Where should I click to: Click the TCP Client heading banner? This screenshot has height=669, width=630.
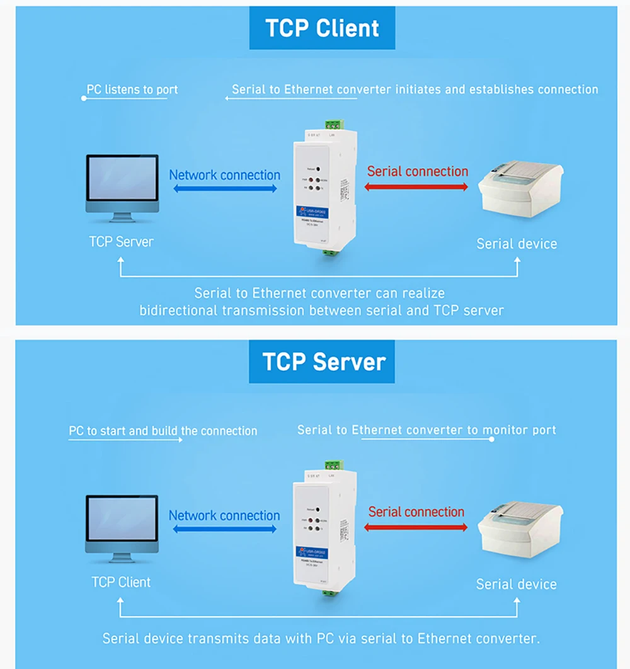[322, 28]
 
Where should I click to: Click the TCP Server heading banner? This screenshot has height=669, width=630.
[322, 362]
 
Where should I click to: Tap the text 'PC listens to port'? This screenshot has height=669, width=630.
[132, 89]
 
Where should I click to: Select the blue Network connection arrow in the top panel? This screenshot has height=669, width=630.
[224, 188]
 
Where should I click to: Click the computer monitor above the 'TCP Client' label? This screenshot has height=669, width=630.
[122, 527]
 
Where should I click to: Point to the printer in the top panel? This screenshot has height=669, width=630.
[521, 189]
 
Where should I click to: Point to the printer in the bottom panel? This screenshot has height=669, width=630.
[520, 529]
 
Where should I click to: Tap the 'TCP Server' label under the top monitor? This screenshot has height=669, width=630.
[122, 241]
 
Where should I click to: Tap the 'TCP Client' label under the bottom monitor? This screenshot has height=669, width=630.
[122, 581]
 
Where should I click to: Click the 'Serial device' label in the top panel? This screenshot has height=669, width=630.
[517, 244]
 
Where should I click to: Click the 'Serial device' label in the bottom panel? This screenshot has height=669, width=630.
[517, 584]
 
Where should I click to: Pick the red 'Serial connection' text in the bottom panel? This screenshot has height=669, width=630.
[416, 512]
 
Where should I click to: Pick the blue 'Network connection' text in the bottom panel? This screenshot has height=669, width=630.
[224, 515]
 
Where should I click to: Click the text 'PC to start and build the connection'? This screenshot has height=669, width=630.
[163, 431]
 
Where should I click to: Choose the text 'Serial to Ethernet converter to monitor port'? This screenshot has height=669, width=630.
[427, 430]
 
